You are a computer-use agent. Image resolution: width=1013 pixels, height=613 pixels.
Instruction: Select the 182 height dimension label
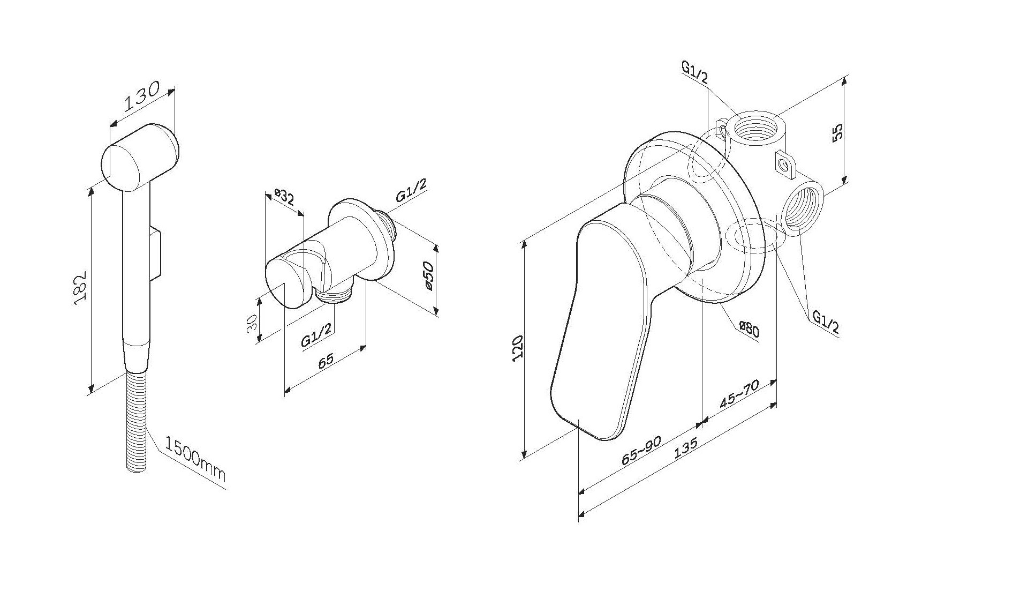point(79,289)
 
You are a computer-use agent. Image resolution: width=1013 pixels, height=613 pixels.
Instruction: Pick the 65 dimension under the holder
point(326,360)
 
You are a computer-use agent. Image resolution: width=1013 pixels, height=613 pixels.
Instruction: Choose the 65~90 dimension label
point(641,451)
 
